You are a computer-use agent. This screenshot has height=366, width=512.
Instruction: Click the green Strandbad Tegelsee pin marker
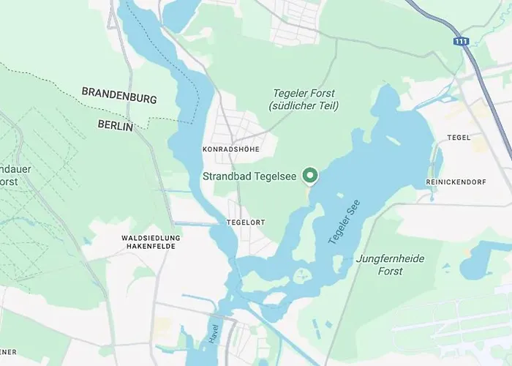coord(309,176)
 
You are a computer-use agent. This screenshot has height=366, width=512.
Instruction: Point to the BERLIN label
coord(116,125)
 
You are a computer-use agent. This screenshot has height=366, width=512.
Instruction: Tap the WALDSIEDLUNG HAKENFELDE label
coord(151,242)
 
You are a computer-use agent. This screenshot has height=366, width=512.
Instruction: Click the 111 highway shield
coord(461,42)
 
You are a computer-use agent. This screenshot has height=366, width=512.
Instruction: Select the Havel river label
coord(213,335)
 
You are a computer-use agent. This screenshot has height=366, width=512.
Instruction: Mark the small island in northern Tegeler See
coord(393,139)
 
